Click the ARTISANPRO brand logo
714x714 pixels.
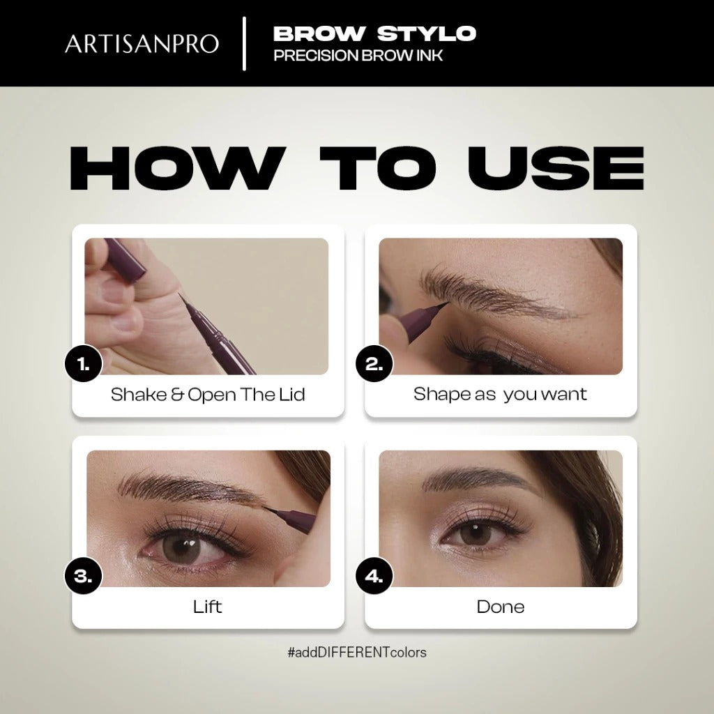[x=142, y=44]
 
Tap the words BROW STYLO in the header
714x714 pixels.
[x=374, y=33]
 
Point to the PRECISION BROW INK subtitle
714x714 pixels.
[x=358, y=56]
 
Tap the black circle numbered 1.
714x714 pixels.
[x=84, y=364]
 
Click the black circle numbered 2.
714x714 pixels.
[x=374, y=364]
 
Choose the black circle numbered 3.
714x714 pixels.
[x=84, y=576]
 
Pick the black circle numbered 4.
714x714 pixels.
[x=374, y=576]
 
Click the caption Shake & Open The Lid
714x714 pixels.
[x=208, y=395]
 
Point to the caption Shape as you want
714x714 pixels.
[x=500, y=395]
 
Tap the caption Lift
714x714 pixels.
[x=207, y=607]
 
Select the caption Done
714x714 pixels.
[x=501, y=607]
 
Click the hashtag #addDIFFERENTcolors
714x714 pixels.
[x=357, y=653]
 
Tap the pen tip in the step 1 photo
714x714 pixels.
[x=179, y=295]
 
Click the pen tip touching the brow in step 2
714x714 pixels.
[x=446, y=303]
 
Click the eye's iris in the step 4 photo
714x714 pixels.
[x=476, y=533]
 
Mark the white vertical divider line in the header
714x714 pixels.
[x=245, y=44]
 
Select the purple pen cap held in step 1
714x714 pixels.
[x=125, y=257]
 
